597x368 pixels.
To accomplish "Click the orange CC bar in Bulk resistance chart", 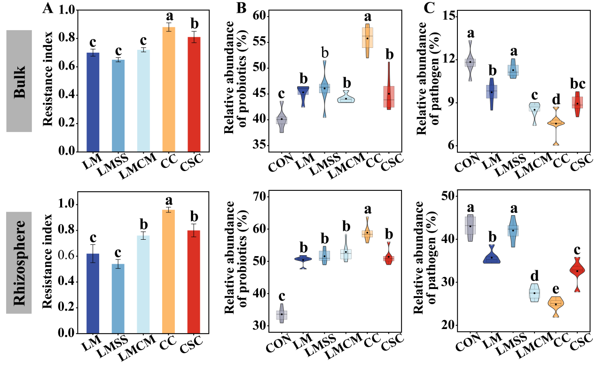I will pyautogui.click(x=169, y=90).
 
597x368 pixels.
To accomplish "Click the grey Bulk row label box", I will pyautogui.click(x=19, y=81).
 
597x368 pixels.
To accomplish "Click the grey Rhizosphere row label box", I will pyautogui.click(x=19, y=262).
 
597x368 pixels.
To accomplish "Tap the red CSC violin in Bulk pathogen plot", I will pyautogui.click(x=577, y=103).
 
